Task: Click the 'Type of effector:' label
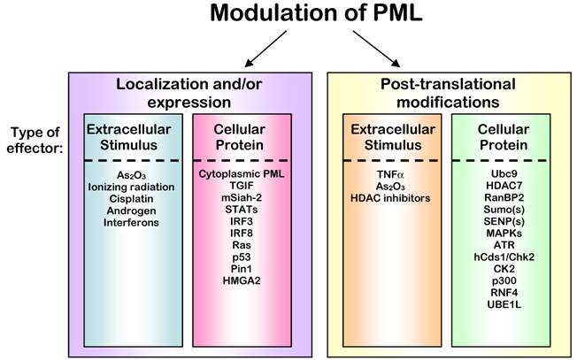[x=34, y=140]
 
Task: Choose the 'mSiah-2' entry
[x=244, y=201]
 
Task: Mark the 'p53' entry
[x=244, y=257]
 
